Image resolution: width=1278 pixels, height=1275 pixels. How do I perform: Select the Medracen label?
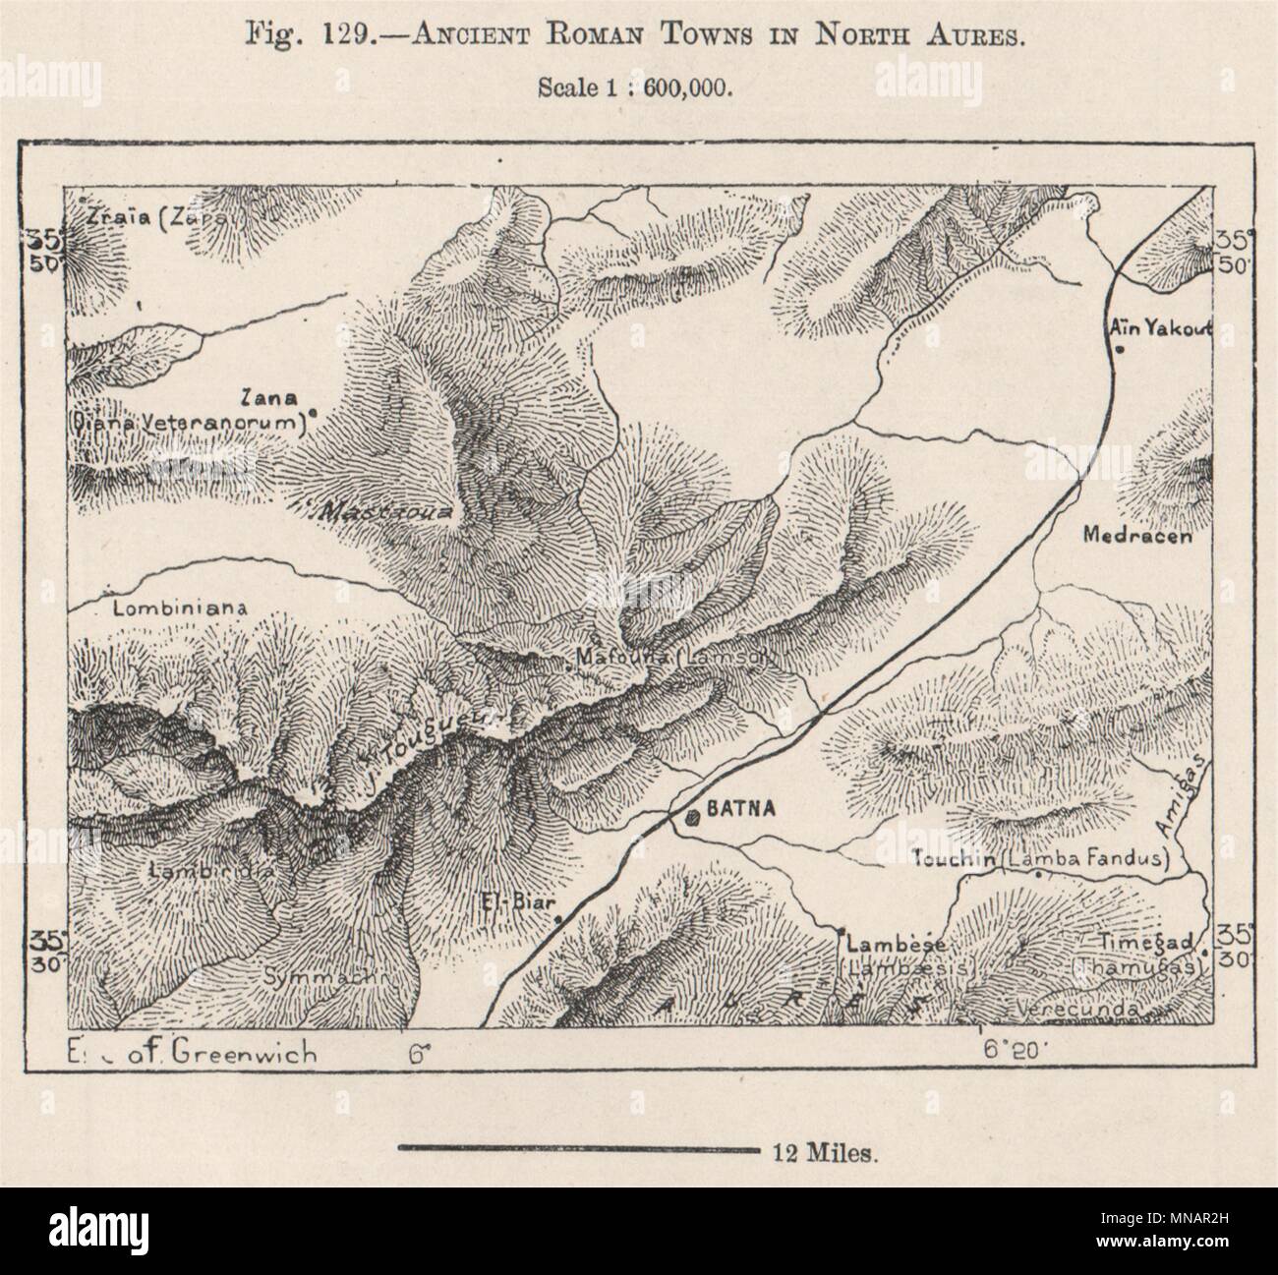coord(1136,537)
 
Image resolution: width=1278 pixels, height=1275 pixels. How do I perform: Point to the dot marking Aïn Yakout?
coord(1123,349)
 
